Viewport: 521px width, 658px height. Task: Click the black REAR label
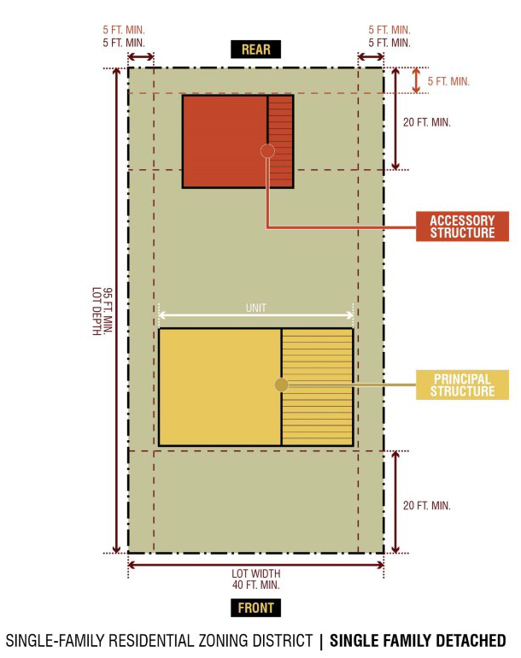pyautogui.click(x=255, y=49)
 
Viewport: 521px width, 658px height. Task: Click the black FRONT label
pyautogui.click(x=255, y=608)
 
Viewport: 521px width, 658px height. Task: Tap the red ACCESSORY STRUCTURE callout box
pyautogui.click(x=462, y=226)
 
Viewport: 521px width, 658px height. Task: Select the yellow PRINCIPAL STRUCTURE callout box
pyautogui.click(x=462, y=385)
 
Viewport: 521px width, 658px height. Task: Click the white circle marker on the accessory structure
pyautogui.click(x=267, y=150)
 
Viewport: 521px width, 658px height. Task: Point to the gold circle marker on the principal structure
pyautogui.click(x=282, y=385)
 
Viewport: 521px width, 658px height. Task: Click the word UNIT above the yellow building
pyautogui.click(x=256, y=308)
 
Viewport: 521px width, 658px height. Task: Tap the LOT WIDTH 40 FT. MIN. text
pyautogui.click(x=256, y=579)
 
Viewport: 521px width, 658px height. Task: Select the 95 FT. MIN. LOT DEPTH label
pyautogui.click(x=102, y=311)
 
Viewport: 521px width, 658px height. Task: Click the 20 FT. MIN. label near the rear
pyautogui.click(x=426, y=122)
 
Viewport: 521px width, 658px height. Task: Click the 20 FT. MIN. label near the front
pyautogui.click(x=426, y=505)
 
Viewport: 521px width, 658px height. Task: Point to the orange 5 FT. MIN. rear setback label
pyautogui.click(x=448, y=81)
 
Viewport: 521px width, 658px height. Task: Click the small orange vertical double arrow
pyautogui.click(x=416, y=80)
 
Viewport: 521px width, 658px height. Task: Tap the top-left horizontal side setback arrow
pyautogui.click(x=141, y=56)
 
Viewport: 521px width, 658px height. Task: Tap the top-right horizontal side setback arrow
pyautogui.click(x=371, y=56)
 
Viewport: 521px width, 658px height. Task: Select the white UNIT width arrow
pyautogui.click(x=256, y=315)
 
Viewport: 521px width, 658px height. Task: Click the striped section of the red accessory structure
pyautogui.click(x=280, y=141)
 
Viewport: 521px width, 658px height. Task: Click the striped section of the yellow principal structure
pyautogui.click(x=317, y=387)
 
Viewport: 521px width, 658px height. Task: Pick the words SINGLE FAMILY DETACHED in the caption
pyautogui.click(x=418, y=641)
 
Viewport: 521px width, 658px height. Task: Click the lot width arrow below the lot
pyautogui.click(x=256, y=565)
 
